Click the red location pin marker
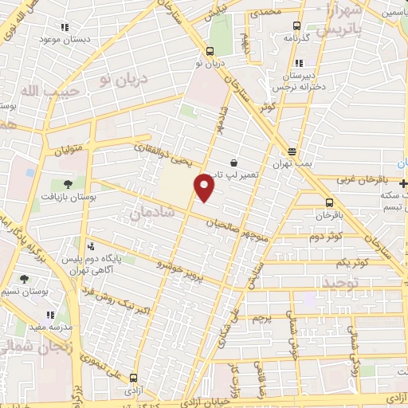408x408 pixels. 205,186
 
